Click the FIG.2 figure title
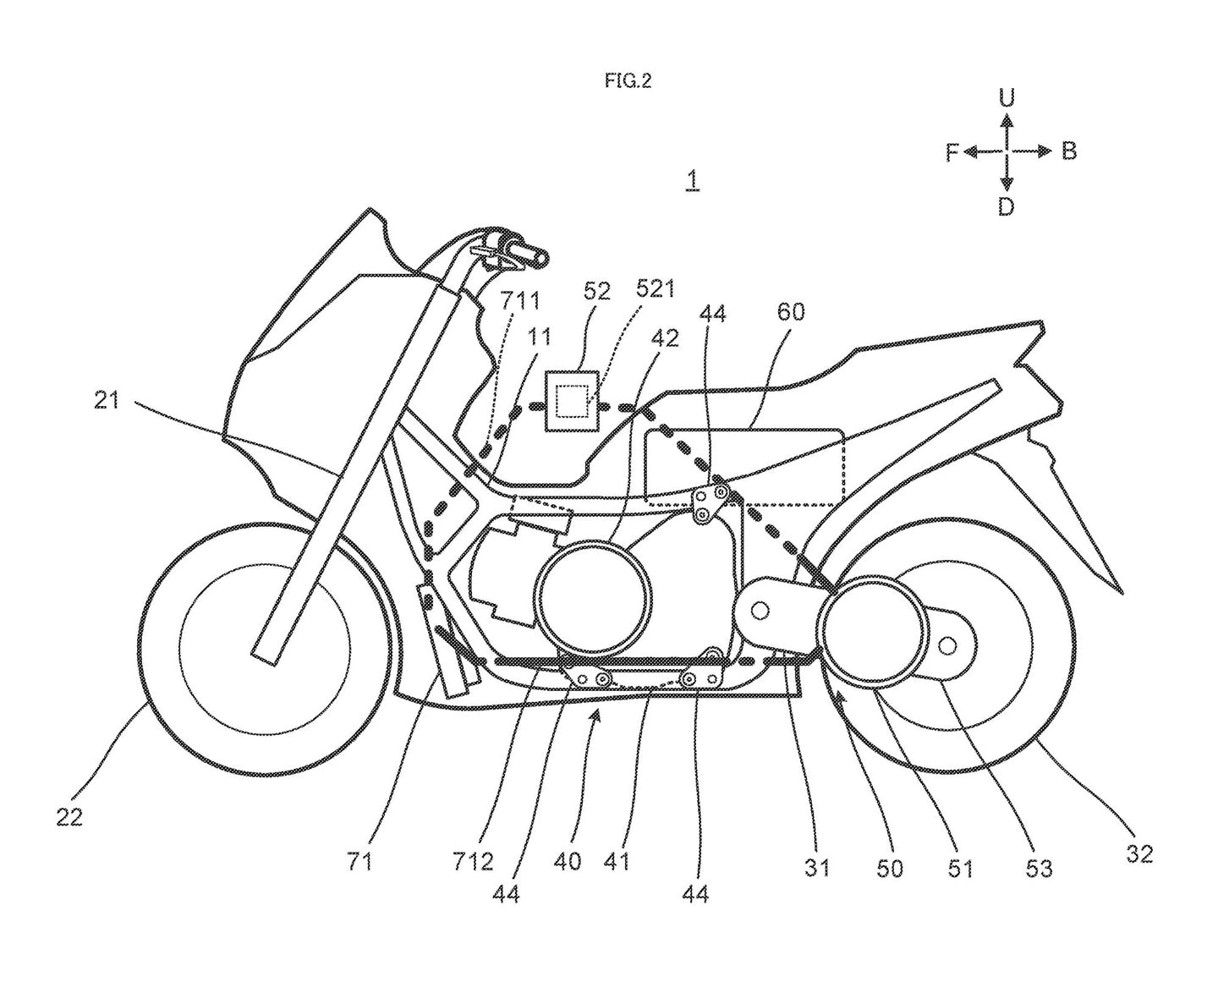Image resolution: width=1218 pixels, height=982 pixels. tap(628, 81)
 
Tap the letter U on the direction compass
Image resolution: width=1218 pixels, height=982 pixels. tap(1006, 98)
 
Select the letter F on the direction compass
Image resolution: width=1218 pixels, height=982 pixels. tap(952, 152)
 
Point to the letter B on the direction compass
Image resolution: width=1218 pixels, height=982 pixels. tap(1068, 152)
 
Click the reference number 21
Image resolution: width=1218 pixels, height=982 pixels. tap(107, 400)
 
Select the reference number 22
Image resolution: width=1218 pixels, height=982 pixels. tap(69, 818)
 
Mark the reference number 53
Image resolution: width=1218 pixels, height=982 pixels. tap(1039, 868)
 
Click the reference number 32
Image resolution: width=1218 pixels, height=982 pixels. tap(1138, 854)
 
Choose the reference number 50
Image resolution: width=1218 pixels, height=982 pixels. tap(890, 868)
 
